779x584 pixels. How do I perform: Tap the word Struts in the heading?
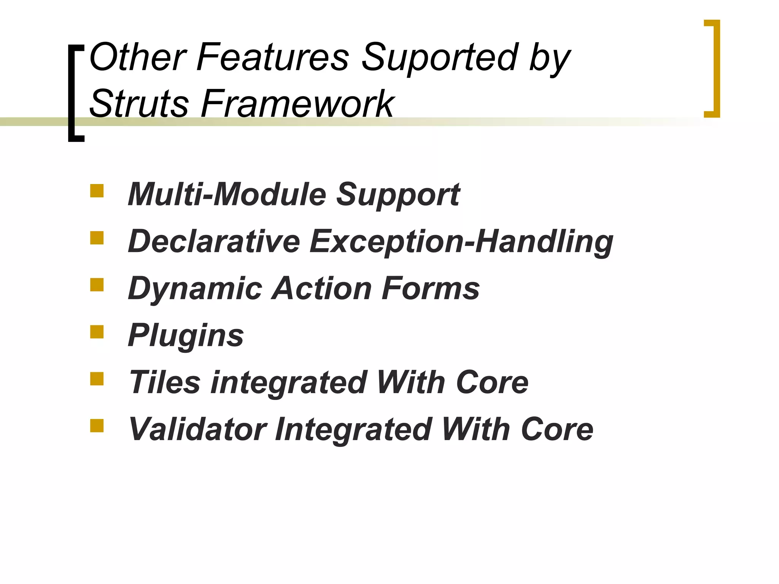tap(139, 103)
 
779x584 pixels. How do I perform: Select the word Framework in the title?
tap(298, 103)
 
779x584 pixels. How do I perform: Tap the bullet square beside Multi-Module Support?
tap(97, 191)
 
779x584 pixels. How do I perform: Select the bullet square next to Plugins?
tap(97, 332)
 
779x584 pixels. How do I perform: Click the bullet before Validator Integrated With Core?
tap(97, 426)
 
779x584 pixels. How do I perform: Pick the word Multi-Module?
tap(227, 194)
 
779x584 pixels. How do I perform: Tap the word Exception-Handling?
tap(461, 242)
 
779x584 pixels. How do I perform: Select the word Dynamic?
tap(195, 289)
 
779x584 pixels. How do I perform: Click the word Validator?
tap(197, 429)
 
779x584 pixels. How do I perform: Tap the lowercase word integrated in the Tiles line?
tap(288, 383)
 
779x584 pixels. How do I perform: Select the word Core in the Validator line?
tap(557, 429)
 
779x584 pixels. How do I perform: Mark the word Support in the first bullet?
tap(398, 195)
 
